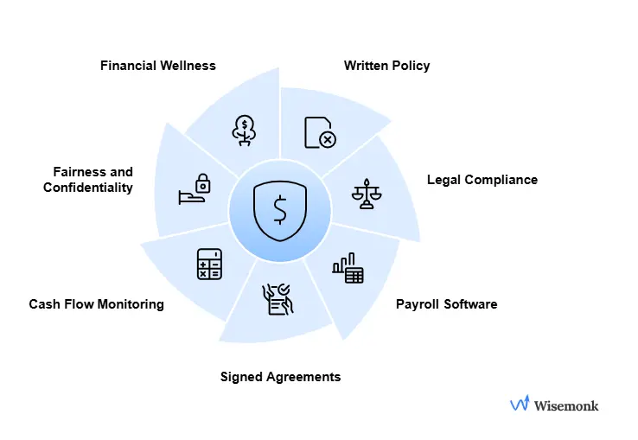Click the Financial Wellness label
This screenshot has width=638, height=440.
[158, 65]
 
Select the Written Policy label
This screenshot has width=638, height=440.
[386, 66]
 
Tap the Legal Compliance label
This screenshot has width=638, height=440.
[482, 180]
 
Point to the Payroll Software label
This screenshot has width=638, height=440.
[447, 304]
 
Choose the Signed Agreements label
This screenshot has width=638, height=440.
[280, 377]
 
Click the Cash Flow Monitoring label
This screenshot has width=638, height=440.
[96, 304]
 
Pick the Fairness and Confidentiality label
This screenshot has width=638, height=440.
[88, 180]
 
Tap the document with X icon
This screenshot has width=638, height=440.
[320, 131]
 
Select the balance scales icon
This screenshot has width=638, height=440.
[367, 192]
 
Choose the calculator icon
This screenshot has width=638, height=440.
[209, 264]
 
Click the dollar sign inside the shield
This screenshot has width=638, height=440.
[279, 209]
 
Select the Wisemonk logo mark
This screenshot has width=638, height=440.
[520, 404]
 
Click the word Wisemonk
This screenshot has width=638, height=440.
[566, 405]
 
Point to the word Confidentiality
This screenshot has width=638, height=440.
[88, 188]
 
